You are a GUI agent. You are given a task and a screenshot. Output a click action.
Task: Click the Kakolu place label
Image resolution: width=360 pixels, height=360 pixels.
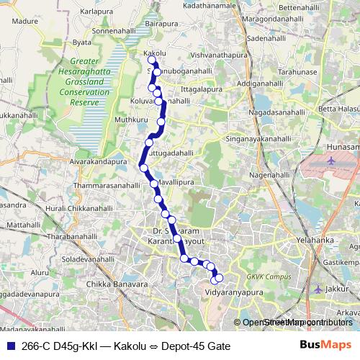156,53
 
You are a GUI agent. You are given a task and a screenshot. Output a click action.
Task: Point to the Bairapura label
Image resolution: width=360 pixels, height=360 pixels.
161,24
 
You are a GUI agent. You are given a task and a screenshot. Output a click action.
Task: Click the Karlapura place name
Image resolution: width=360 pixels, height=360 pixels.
99,12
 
